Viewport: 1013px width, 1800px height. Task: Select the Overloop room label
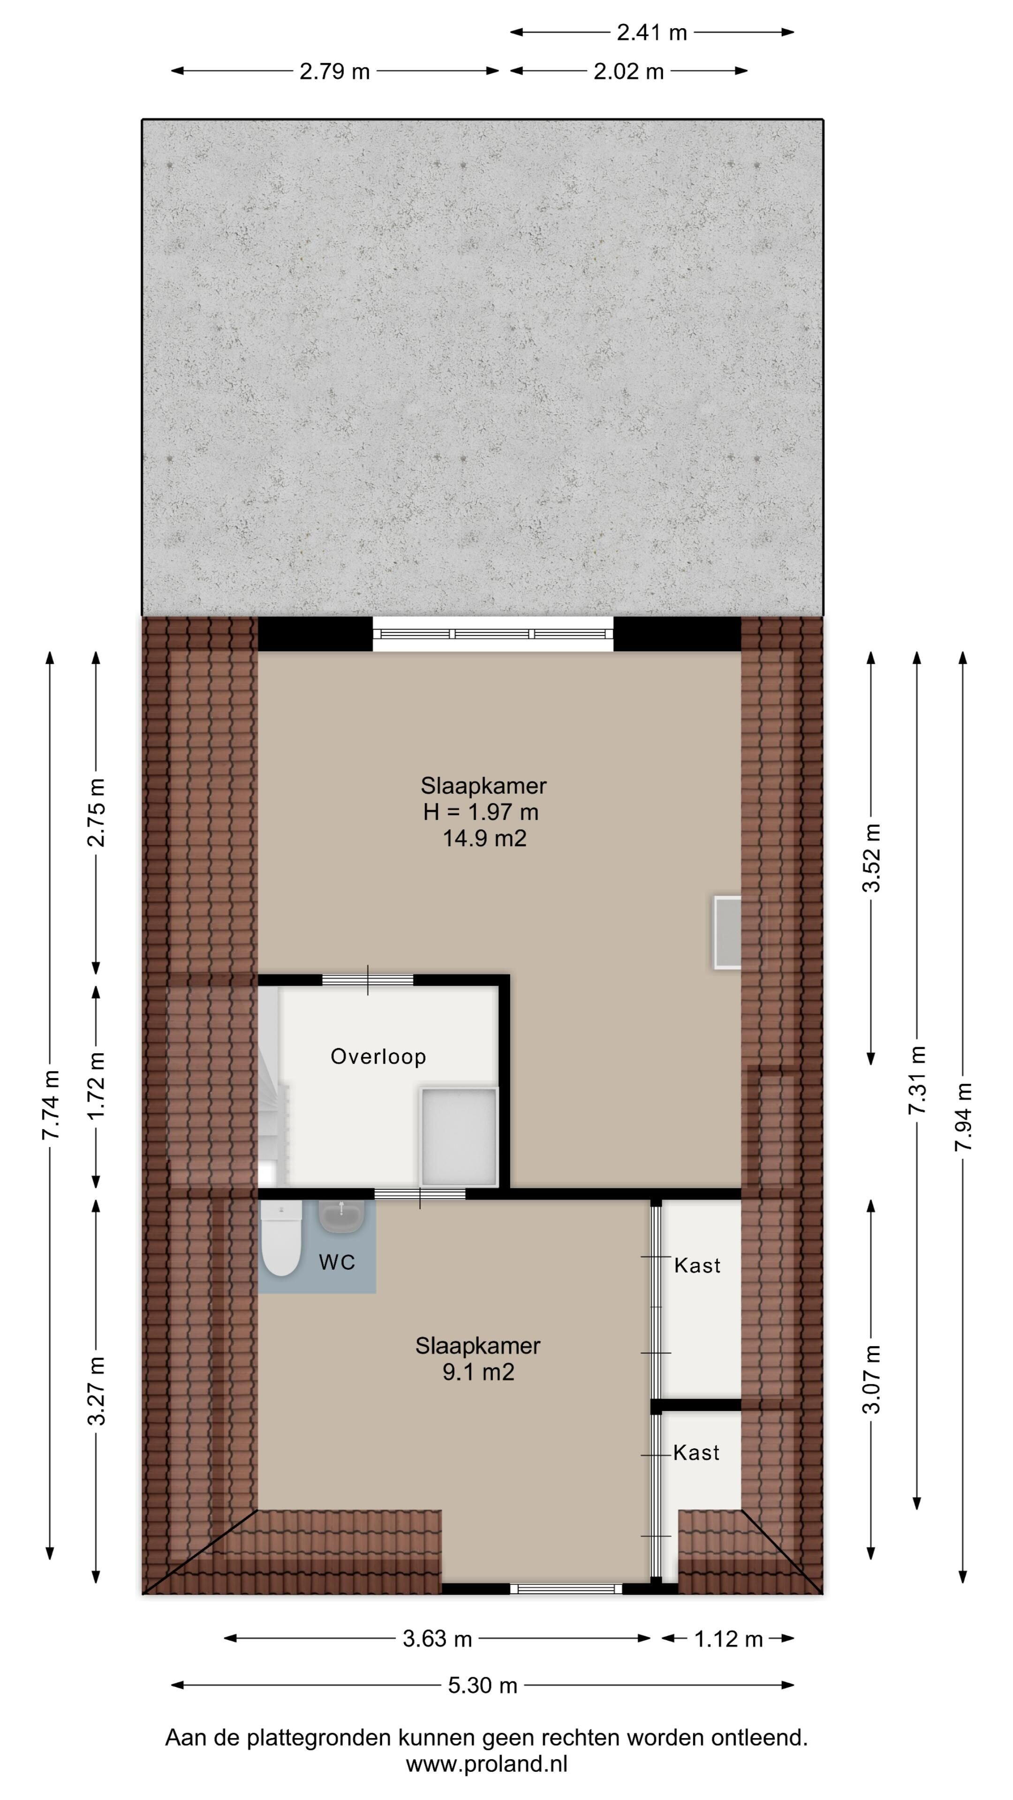(378, 1057)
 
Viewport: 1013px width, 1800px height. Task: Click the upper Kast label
(697, 1266)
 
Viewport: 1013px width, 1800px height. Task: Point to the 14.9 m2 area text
(484, 838)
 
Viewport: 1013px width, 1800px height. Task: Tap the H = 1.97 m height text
(481, 812)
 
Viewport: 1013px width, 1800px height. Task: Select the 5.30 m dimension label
(483, 1686)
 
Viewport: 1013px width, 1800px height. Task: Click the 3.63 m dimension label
(438, 1639)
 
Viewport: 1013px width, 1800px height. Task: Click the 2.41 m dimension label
(652, 33)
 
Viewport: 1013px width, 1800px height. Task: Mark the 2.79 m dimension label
(335, 71)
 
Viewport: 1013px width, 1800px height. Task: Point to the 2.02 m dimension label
(628, 71)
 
